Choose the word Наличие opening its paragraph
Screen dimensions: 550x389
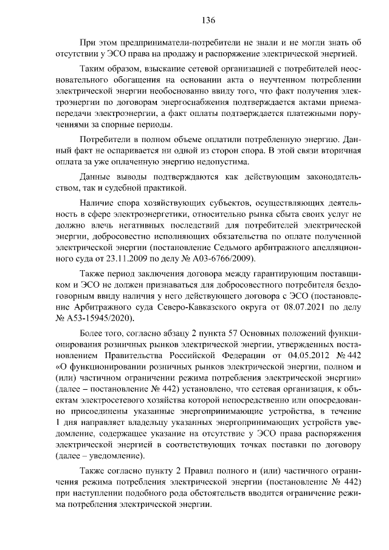tap(97, 203)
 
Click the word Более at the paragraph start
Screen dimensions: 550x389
tap(93, 334)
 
